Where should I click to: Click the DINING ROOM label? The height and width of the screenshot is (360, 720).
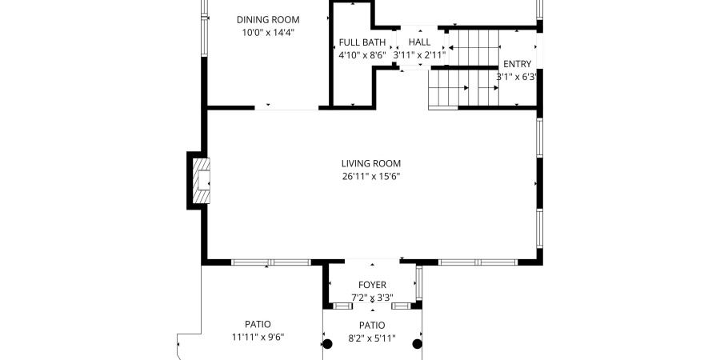[268, 19]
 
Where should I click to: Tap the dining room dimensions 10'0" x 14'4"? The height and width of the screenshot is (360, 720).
[268, 33]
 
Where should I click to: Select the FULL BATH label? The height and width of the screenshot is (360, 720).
[362, 42]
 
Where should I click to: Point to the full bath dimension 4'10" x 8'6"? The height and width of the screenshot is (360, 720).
[362, 55]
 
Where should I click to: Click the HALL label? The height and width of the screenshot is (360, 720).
[419, 42]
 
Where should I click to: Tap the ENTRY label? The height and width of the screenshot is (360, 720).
[517, 64]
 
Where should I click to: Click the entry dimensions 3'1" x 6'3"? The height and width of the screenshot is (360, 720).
[516, 77]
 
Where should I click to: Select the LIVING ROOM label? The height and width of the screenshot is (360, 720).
[370, 163]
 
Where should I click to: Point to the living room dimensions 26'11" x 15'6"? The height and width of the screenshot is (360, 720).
[370, 177]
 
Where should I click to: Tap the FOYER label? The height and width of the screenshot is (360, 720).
[372, 285]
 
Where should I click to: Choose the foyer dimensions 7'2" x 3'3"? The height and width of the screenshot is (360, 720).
[372, 298]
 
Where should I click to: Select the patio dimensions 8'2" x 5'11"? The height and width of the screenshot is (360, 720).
[371, 338]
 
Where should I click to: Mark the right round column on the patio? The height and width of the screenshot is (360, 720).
[417, 344]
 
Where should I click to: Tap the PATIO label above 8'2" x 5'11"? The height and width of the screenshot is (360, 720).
[371, 325]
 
